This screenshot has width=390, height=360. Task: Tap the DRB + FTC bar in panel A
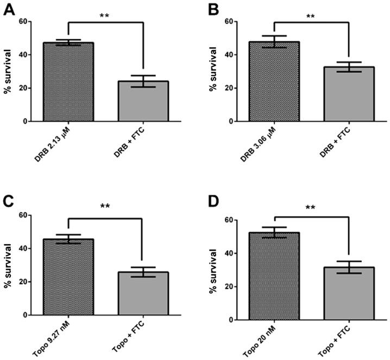coord(141,101)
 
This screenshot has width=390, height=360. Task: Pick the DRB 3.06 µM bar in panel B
coord(274,82)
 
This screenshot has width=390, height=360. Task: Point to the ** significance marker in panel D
coord(310,208)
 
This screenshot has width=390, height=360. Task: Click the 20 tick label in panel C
coord(24,282)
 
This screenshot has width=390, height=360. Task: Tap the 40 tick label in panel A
coord(24,55)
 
